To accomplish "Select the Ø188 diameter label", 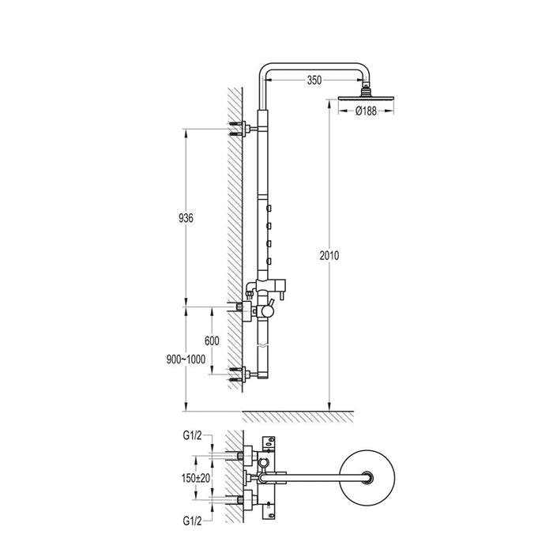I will [x=364, y=111].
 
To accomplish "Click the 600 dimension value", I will [x=211, y=340].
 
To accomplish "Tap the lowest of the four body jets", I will [x=269, y=260].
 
